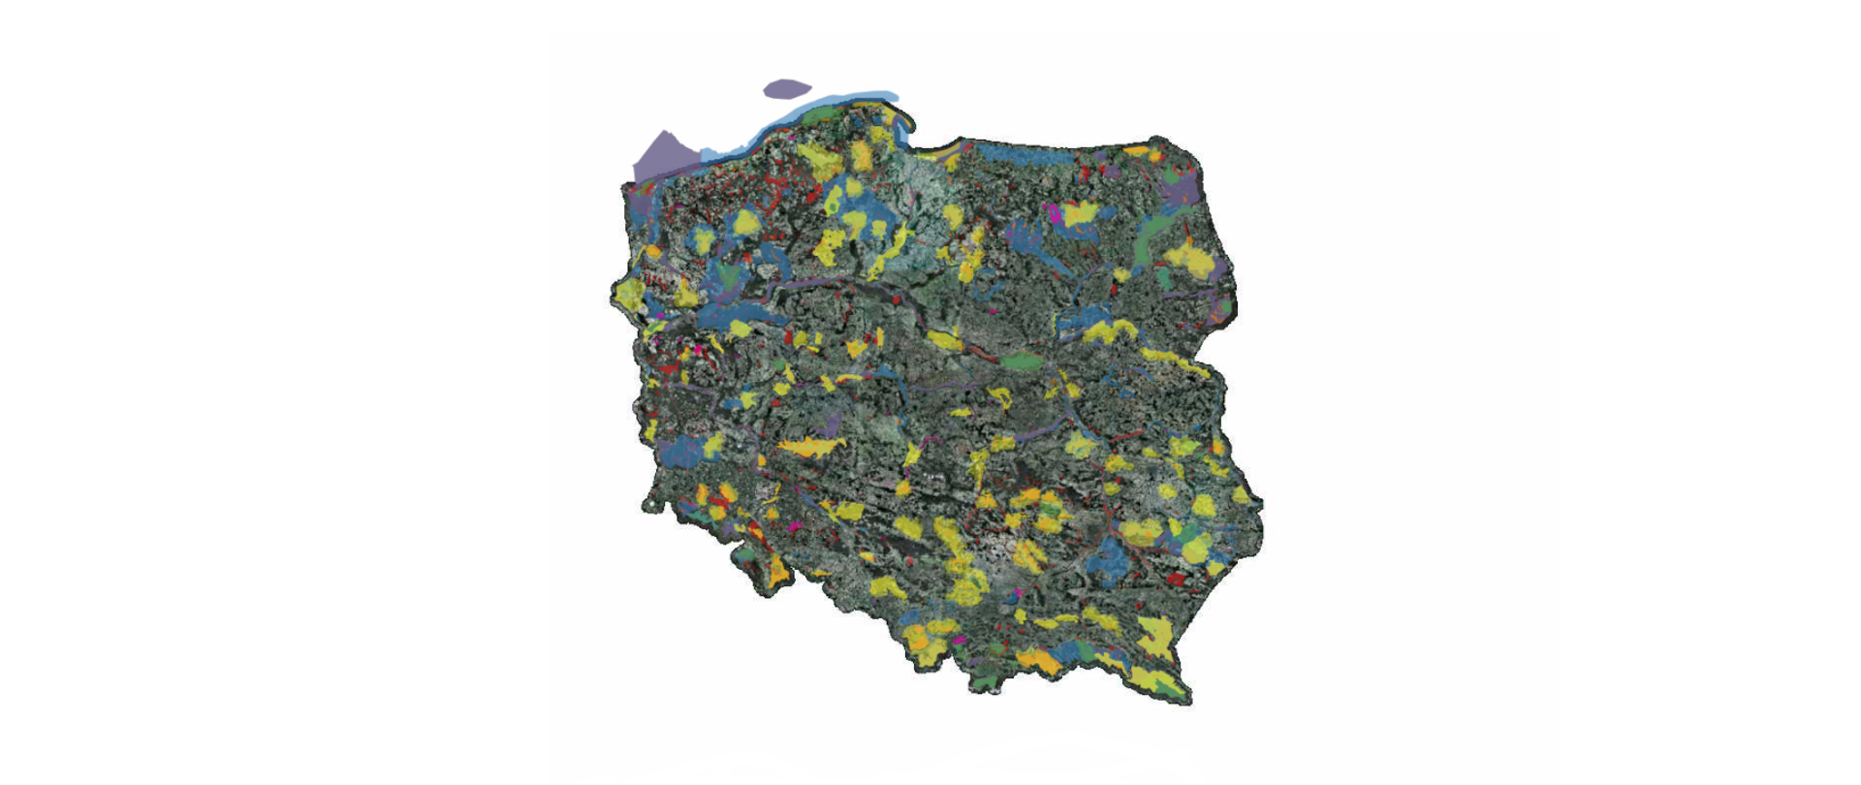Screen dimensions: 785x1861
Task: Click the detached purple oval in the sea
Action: pyautogui.click(x=786, y=89)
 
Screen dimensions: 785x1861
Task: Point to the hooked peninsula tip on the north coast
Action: pyautogui.click(x=909, y=123)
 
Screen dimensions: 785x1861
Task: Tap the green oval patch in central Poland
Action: pyautogui.click(x=1019, y=361)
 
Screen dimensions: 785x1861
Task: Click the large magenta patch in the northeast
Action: pyautogui.click(x=1052, y=214)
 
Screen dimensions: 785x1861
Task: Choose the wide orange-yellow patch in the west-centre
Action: pyautogui.click(x=809, y=447)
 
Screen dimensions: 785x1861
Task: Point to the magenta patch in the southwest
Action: pyautogui.click(x=795, y=526)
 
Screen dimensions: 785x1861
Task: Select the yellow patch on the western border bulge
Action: pyautogui.click(x=630, y=293)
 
